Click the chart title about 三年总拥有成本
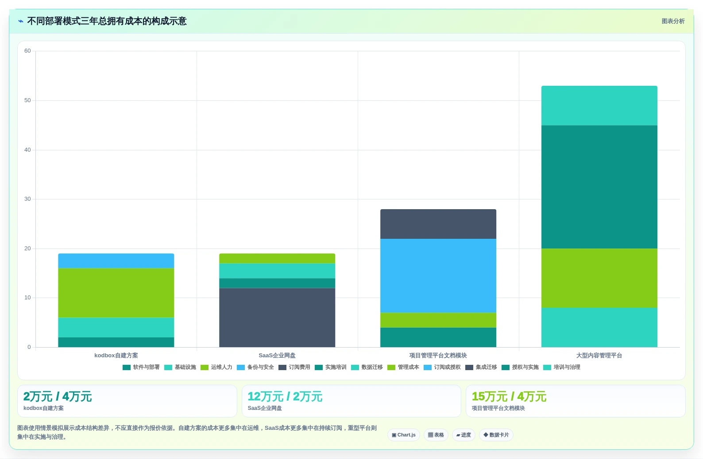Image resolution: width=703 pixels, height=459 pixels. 107,21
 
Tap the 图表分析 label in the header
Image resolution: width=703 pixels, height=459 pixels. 673,21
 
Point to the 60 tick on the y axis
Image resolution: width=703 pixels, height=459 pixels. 27,51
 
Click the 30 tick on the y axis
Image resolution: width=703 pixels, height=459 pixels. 27,199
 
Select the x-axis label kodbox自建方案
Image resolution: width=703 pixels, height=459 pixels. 116,355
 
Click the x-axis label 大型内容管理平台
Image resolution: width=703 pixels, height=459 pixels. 599,355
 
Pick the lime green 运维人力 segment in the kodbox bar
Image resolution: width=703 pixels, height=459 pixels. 116,293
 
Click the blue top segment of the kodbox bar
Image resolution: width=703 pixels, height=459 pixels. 116,261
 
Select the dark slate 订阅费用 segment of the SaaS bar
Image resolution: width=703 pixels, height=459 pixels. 277,317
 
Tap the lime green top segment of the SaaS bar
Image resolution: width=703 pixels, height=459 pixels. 277,258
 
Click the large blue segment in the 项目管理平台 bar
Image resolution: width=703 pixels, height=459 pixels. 438,275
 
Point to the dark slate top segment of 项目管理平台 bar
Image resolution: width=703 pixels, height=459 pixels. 438,224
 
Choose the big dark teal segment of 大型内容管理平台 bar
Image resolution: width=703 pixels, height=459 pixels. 599,187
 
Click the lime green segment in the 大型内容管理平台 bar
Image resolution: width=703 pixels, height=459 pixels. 599,278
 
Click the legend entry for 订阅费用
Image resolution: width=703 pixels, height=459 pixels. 294,367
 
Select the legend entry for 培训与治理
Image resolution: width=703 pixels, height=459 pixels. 562,367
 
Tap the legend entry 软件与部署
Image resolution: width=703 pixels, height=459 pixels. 141,367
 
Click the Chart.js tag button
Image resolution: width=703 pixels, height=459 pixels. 404,435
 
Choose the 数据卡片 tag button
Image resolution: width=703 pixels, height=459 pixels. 496,435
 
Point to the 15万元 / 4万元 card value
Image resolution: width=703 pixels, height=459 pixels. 509,397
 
